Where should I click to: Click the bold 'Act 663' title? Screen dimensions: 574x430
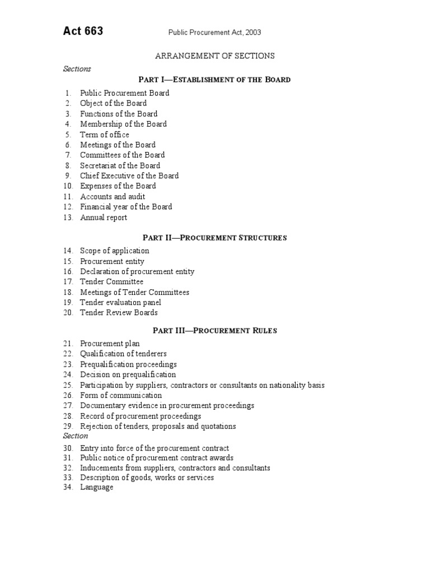[x=83, y=31]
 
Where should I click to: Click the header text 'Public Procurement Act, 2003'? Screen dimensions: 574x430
[x=215, y=33]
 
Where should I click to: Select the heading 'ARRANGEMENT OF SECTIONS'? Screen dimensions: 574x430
[x=215, y=55]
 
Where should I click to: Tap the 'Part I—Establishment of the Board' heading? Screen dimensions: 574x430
[x=215, y=80]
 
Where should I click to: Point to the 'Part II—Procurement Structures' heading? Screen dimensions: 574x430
[x=215, y=238]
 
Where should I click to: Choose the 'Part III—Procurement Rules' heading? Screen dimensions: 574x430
[x=215, y=330]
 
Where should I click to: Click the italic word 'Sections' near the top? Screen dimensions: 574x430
[x=77, y=69]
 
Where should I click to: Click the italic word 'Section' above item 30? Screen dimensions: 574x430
[x=76, y=436]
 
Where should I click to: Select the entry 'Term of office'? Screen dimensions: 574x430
[x=105, y=135]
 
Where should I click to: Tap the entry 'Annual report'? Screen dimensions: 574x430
[x=104, y=217]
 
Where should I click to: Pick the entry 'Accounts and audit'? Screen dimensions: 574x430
[x=113, y=197]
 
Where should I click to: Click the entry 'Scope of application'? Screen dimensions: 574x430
[x=115, y=251]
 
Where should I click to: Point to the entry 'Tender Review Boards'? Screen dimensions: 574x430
[x=119, y=313]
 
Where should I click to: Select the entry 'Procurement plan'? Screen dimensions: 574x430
[x=110, y=344]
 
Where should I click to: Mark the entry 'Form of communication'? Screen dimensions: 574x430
[x=121, y=395]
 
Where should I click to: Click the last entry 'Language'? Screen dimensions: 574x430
[x=96, y=487]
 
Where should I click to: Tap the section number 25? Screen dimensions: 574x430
[x=68, y=385]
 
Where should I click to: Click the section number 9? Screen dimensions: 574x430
[x=68, y=176]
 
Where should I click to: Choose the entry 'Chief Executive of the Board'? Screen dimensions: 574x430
[x=129, y=176]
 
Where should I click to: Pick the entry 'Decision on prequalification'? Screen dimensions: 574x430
[x=128, y=374]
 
